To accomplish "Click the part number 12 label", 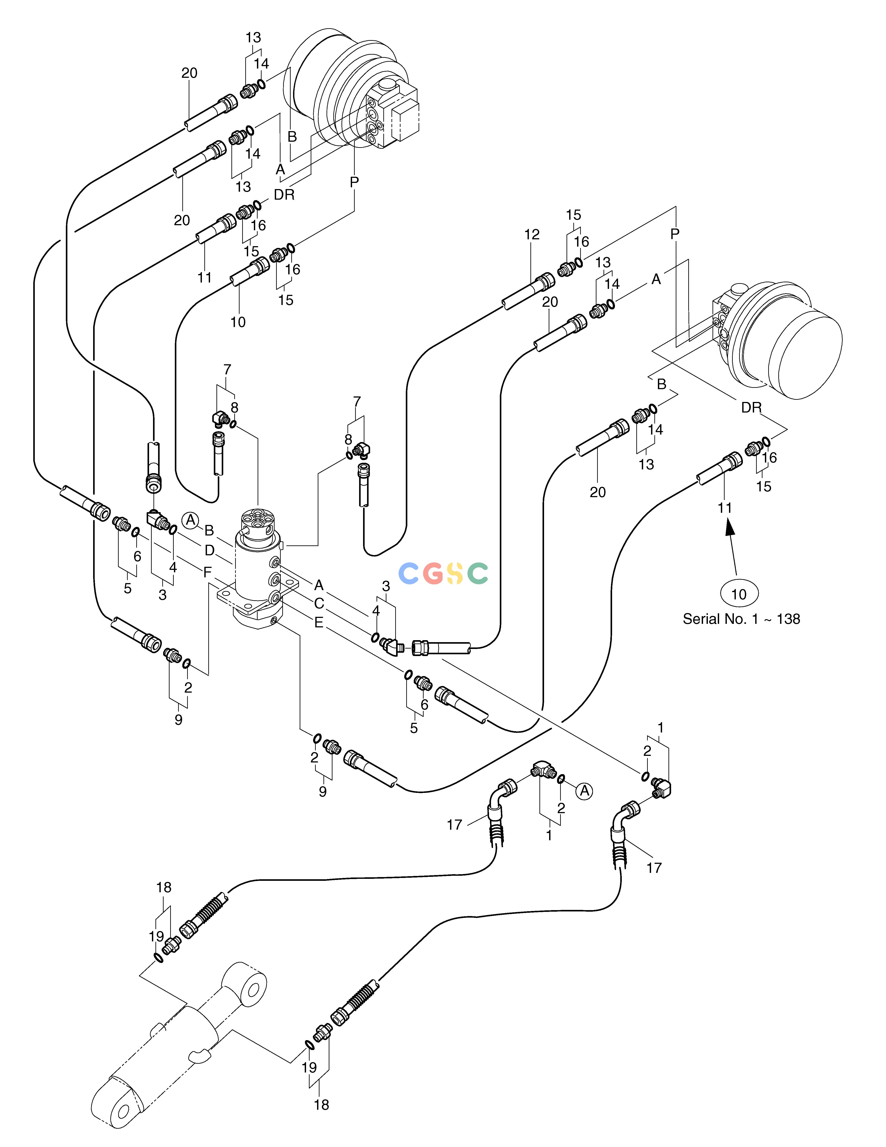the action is click(532, 235).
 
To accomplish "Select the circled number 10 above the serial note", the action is click(738, 594).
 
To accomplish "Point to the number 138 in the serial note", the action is click(788, 619).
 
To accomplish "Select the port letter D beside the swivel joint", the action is click(209, 550).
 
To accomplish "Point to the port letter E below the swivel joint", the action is click(319, 623).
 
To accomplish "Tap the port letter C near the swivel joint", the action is click(319, 604).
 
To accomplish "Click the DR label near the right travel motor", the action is click(751, 407).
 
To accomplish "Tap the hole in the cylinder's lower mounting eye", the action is click(123, 1111).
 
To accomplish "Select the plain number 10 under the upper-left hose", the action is click(238, 322).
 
